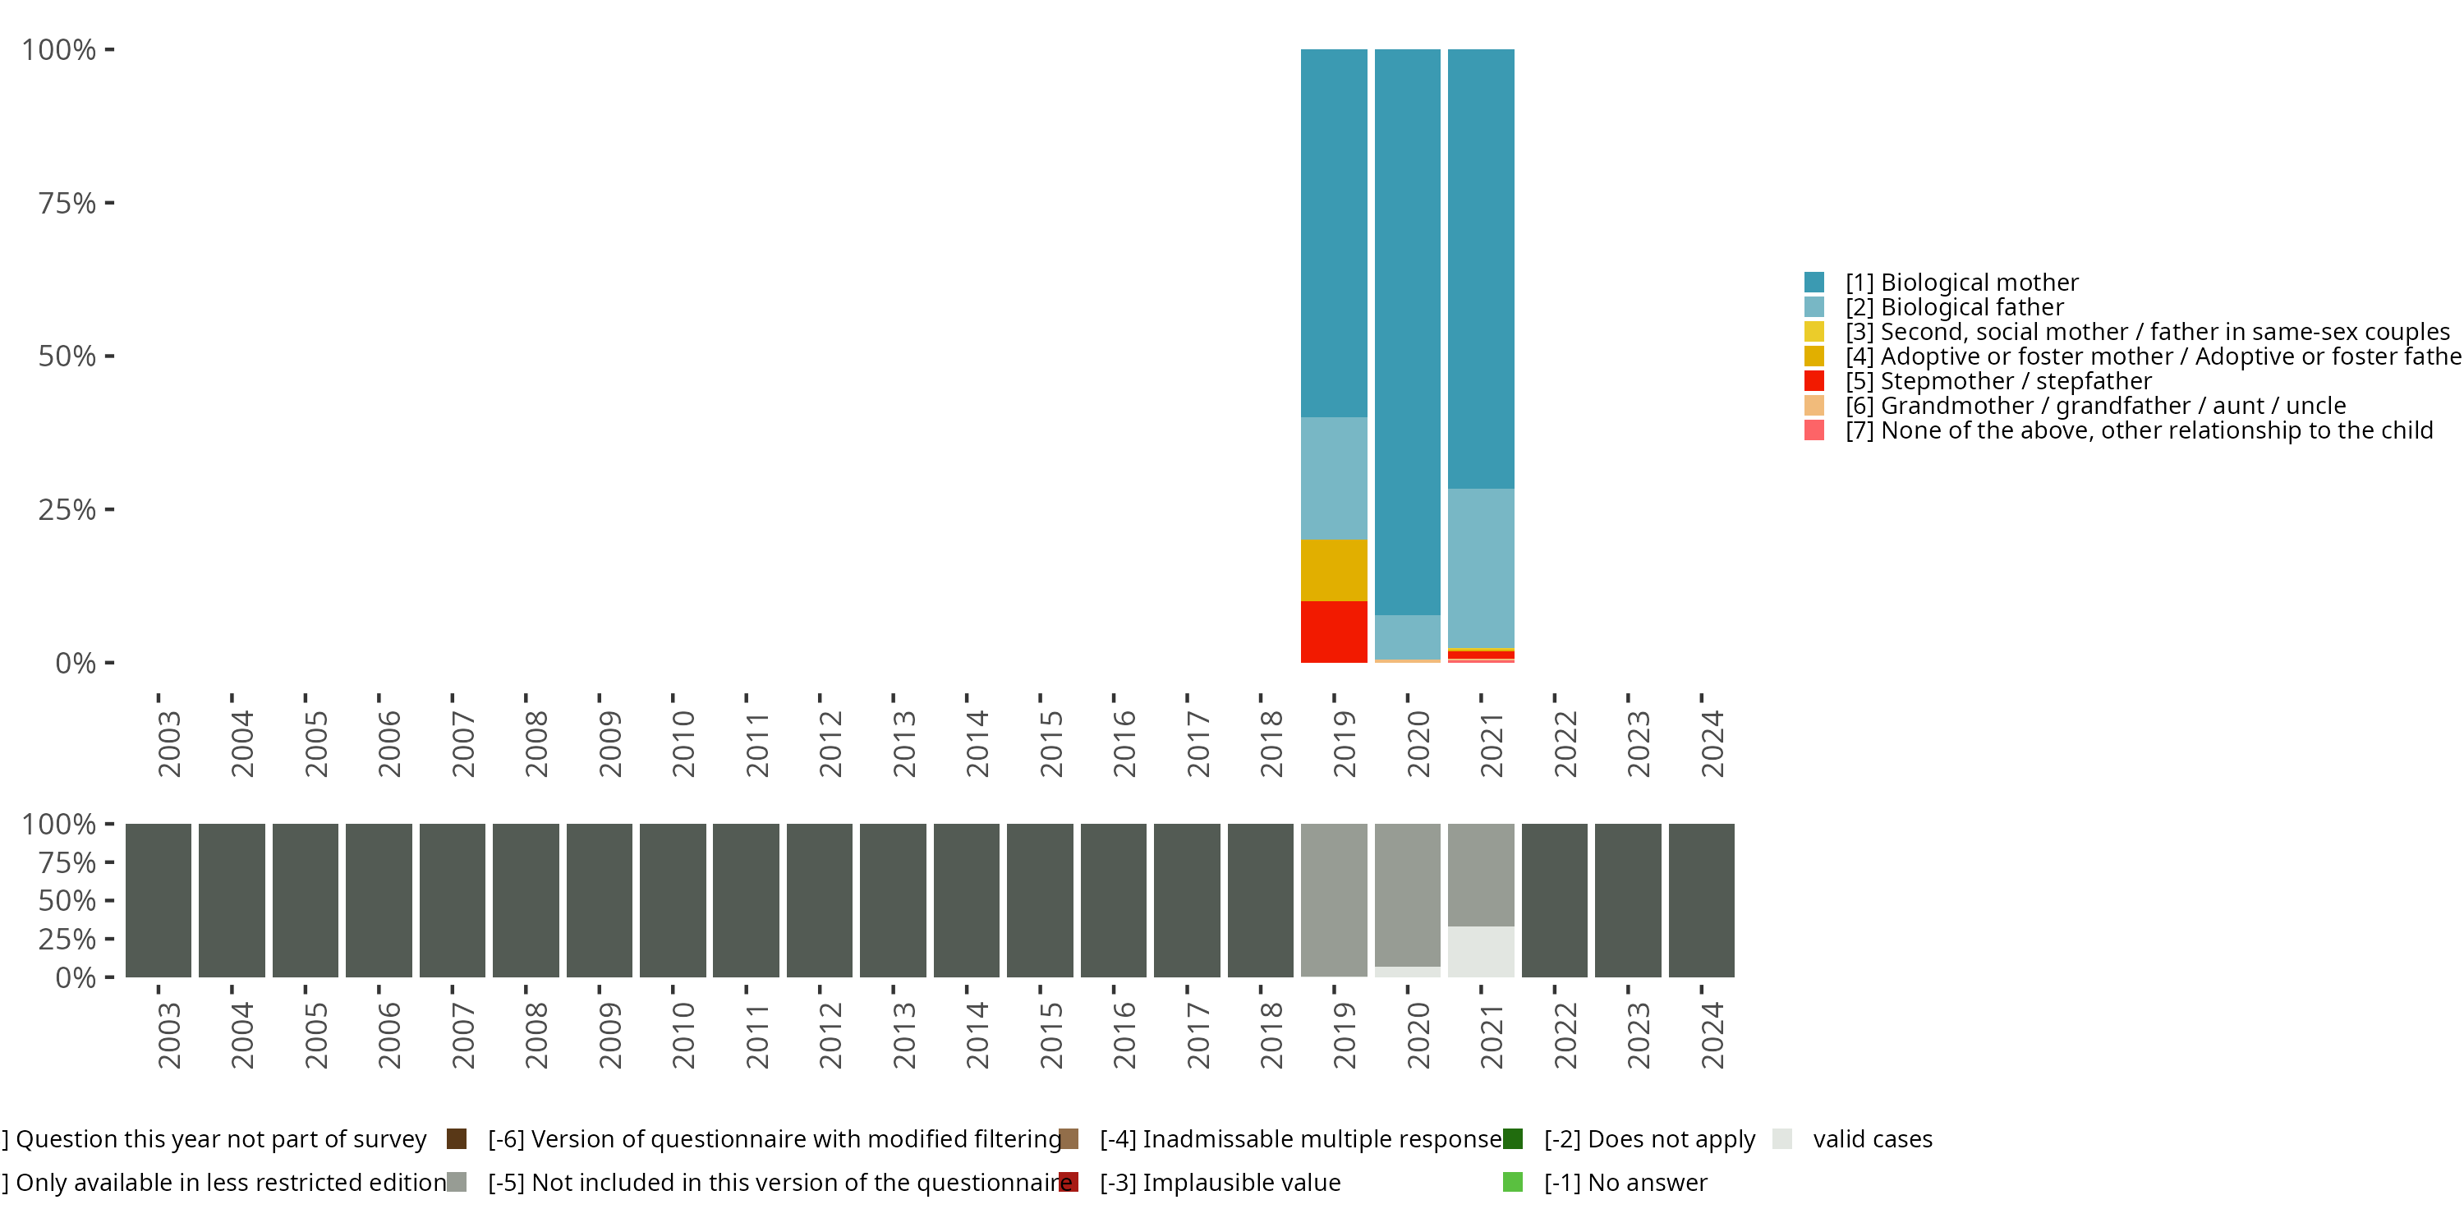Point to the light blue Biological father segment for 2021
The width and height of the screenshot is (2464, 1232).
(x=1481, y=568)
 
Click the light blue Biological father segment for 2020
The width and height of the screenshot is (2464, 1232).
(x=1407, y=636)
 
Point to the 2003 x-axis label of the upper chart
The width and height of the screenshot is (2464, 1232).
(x=168, y=743)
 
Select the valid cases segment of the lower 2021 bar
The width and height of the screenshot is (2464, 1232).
(x=1481, y=951)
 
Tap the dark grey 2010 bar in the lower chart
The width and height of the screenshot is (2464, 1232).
(x=673, y=900)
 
